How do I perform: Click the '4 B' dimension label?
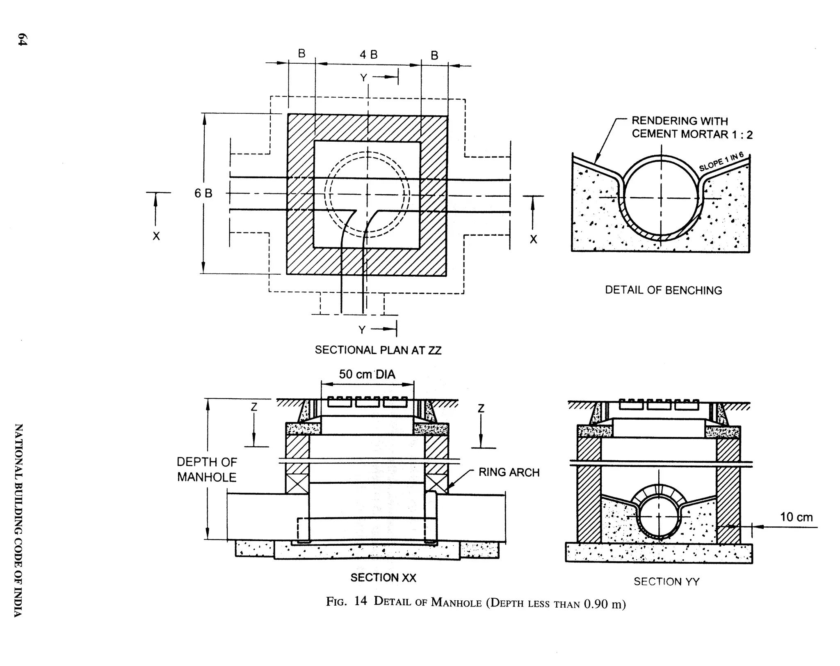[368, 55]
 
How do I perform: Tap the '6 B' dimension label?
[203, 193]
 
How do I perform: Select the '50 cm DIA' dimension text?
[367, 374]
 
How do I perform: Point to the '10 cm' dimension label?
[796, 517]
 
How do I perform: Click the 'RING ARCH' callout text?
[509, 473]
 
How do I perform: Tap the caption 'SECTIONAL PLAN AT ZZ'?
[378, 350]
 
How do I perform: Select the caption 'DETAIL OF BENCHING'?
[663, 290]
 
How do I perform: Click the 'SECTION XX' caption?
[383, 578]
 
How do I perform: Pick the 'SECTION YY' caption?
[667, 581]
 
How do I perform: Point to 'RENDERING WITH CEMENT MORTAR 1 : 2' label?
[692, 128]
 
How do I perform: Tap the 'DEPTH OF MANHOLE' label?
[207, 470]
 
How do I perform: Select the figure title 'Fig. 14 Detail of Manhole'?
[476, 603]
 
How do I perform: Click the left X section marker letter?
[156, 237]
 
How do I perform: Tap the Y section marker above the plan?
[363, 78]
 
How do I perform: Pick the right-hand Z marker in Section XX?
[481, 409]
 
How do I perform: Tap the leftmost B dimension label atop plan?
[301, 54]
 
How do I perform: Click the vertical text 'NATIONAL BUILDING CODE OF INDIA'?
[18, 520]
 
